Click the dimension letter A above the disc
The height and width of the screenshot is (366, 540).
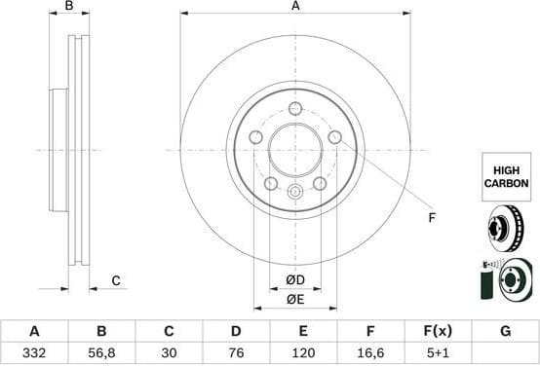295,6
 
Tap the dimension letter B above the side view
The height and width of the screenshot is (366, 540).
68,7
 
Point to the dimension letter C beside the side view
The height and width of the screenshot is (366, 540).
115,281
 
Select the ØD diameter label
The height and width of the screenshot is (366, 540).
294,281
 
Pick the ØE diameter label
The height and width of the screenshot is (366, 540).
294,301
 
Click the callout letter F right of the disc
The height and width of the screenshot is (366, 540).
432,217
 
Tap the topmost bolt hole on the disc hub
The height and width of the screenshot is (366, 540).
295,108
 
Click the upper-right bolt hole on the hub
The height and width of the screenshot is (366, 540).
334,137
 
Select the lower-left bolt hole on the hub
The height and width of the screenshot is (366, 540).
271,184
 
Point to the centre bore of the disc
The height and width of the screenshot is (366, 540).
295,150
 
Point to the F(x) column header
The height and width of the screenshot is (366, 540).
438,331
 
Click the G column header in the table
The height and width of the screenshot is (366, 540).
505,331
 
